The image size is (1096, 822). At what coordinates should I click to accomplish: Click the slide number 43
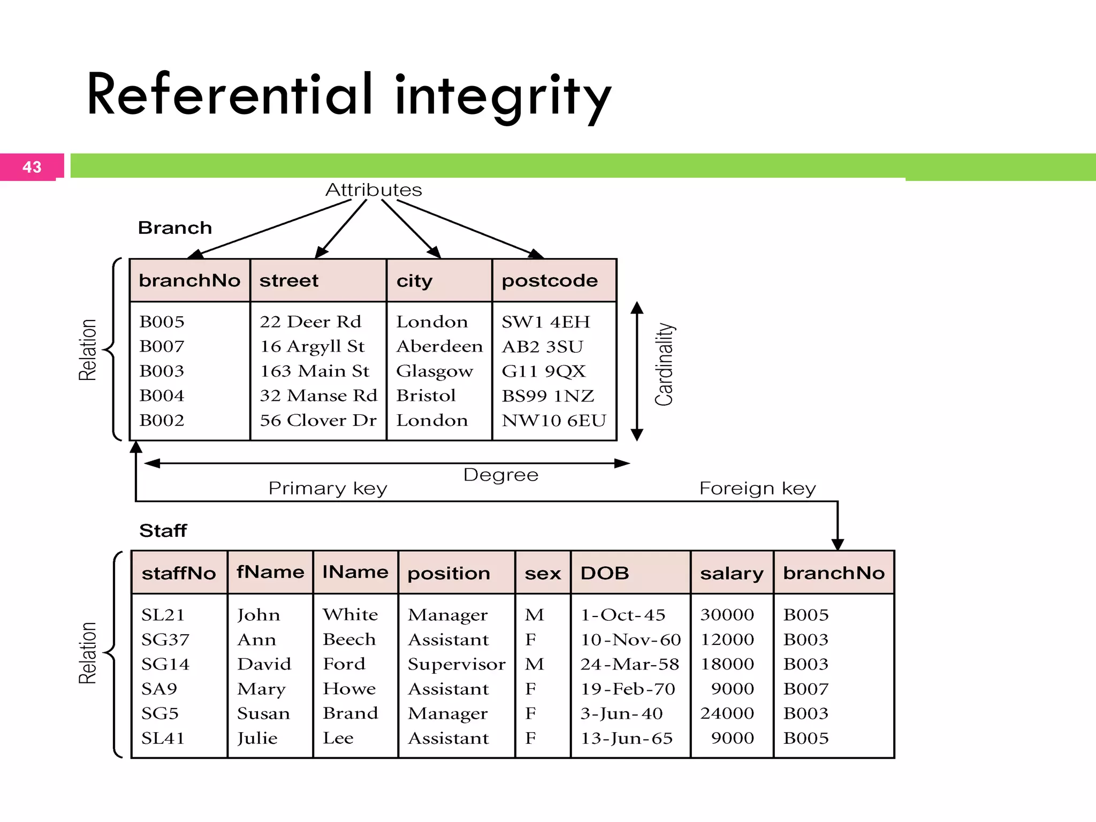[x=32, y=167]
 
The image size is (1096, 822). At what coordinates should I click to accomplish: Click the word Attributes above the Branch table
[x=374, y=190]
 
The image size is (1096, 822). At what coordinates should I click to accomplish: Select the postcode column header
[x=550, y=280]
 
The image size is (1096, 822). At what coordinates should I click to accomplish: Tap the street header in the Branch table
[x=289, y=280]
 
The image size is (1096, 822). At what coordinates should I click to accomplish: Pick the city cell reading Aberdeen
[x=439, y=346]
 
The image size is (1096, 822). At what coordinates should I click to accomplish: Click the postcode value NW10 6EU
[x=554, y=420]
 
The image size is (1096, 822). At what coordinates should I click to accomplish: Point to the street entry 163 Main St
[x=315, y=371]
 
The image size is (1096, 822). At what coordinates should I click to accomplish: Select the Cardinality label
[x=664, y=364]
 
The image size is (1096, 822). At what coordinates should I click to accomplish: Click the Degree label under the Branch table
[x=500, y=475]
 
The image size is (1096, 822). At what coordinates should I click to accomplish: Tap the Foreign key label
[x=757, y=488]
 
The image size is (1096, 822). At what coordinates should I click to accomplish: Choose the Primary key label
[x=328, y=488]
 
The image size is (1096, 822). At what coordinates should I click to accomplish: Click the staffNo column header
[x=179, y=573]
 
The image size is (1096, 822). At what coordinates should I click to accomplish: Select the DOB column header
[x=605, y=573]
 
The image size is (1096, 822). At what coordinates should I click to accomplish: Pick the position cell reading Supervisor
[x=456, y=664]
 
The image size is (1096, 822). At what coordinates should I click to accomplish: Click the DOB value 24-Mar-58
[x=630, y=664]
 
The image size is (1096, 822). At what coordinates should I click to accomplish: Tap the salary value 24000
[x=727, y=713]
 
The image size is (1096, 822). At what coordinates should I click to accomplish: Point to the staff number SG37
[x=165, y=640]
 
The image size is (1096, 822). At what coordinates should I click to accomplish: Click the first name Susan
[x=263, y=713]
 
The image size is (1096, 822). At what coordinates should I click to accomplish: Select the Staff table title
[x=163, y=530]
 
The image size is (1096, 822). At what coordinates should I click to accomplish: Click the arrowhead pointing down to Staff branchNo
[x=838, y=544]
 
